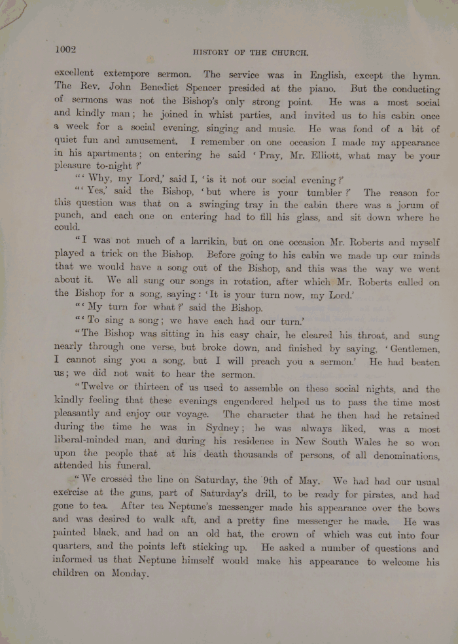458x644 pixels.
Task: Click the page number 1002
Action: (x=66, y=49)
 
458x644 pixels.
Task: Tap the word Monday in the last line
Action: (x=130, y=575)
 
